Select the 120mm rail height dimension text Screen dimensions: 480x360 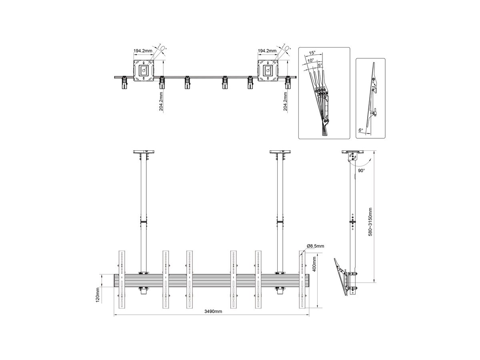(98, 295)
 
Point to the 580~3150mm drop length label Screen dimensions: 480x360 (370, 222)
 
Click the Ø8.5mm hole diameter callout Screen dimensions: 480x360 (315, 246)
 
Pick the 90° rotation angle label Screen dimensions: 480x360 (362, 171)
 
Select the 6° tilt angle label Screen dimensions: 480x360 (361, 130)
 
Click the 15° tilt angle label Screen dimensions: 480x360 (312, 53)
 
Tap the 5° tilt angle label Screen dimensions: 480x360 (320, 65)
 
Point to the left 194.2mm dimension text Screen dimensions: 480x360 (143, 51)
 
